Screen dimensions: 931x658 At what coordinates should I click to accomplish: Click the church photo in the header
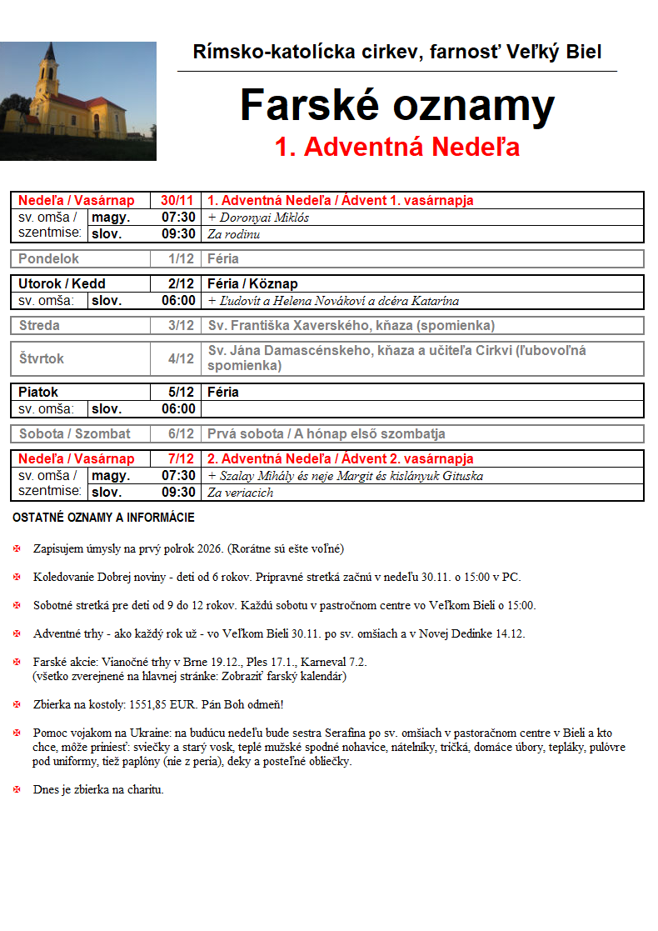78,101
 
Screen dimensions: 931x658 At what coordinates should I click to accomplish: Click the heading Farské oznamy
397,106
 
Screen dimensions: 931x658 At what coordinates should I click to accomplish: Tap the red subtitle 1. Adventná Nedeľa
397,147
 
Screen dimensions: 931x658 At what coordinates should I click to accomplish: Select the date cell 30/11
177,201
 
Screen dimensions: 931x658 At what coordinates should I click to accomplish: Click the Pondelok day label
47,258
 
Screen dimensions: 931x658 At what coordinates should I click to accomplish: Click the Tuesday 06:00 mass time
178,300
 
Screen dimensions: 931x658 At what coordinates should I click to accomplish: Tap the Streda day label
39,325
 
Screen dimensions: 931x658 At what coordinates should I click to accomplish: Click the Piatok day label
38,392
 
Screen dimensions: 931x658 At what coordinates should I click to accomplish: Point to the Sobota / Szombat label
74,433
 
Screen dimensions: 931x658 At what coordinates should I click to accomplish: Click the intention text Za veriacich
241,493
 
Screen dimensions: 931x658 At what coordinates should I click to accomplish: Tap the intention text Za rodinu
234,234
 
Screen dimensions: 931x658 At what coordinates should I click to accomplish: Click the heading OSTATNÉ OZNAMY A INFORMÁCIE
103,518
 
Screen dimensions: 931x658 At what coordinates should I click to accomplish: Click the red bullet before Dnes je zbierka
17,789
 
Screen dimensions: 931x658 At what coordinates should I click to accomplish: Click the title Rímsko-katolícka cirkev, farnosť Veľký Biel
397,53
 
